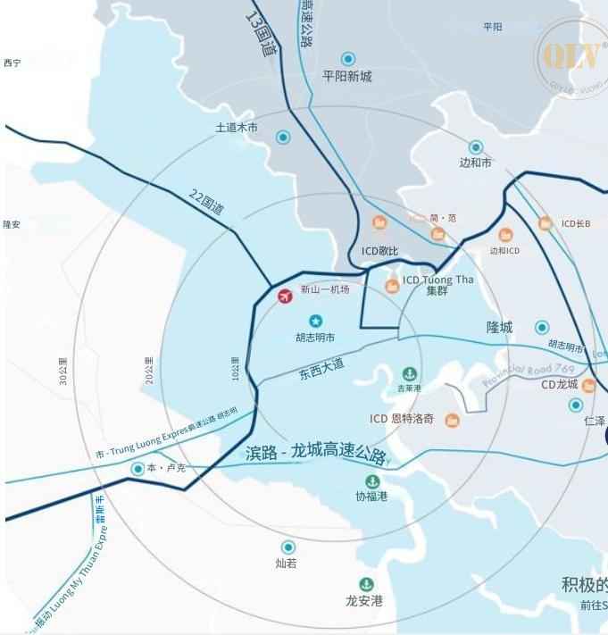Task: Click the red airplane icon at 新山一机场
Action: pos(286,297)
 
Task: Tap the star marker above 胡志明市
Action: pos(315,321)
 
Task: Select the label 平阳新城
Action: pos(347,77)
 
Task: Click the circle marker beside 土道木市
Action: pos(283,137)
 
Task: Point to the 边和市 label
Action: pos(476,163)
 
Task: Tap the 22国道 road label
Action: pos(206,202)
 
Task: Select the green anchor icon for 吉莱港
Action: pos(410,372)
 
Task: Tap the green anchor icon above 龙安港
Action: pos(365,584)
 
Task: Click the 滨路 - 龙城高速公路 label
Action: pos(315,454)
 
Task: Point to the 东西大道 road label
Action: pos(321,370)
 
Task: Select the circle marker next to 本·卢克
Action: pos(138,469)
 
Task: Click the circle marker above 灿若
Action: pos(287,547)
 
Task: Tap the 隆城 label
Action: pos(500,328)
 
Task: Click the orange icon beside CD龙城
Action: pos(588,386)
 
